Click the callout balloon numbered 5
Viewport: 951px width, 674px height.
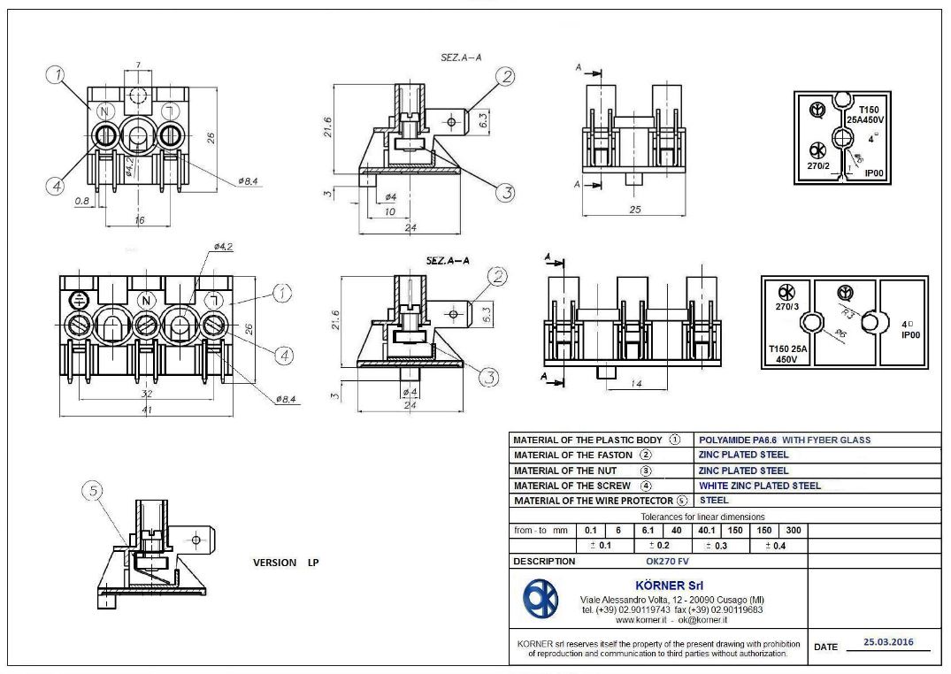tap(93, 491)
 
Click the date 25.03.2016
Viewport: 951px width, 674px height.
tap(889, 643)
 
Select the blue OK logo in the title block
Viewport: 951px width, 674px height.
tap(541, 601)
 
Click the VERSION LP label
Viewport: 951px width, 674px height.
tap(286, 563)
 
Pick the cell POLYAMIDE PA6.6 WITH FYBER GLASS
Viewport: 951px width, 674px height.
tap(785, 440)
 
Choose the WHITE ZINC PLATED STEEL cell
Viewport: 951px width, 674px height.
tap(759, 486)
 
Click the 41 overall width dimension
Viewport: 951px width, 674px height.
tap(147, 410)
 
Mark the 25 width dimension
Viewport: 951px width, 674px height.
tap(634, 211)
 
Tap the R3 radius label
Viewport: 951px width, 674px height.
tap(847, 313)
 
